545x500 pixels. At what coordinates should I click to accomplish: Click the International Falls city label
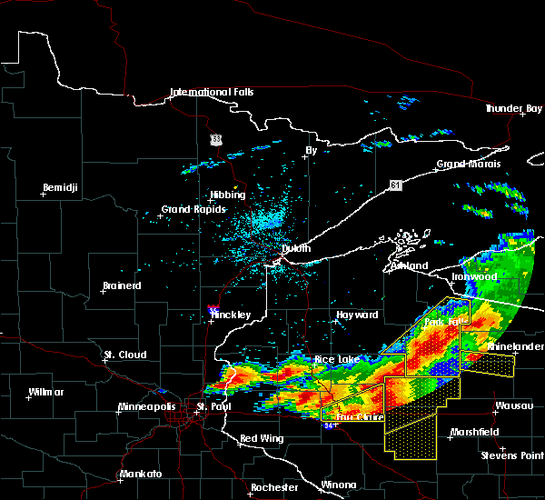coord(213,92)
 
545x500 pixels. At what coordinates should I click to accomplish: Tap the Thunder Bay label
coord(513,109)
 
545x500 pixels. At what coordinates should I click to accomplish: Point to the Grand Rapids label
coord(188,210)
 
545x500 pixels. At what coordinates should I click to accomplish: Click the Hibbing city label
coord(227,195)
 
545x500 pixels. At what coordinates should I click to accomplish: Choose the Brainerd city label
coord(121,285)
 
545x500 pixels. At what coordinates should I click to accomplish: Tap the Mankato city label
coord(140,475)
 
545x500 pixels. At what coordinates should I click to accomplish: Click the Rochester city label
coord(274,487)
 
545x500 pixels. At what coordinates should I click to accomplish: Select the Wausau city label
coord(512,405)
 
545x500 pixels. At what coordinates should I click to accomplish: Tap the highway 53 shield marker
coord(215,139)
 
